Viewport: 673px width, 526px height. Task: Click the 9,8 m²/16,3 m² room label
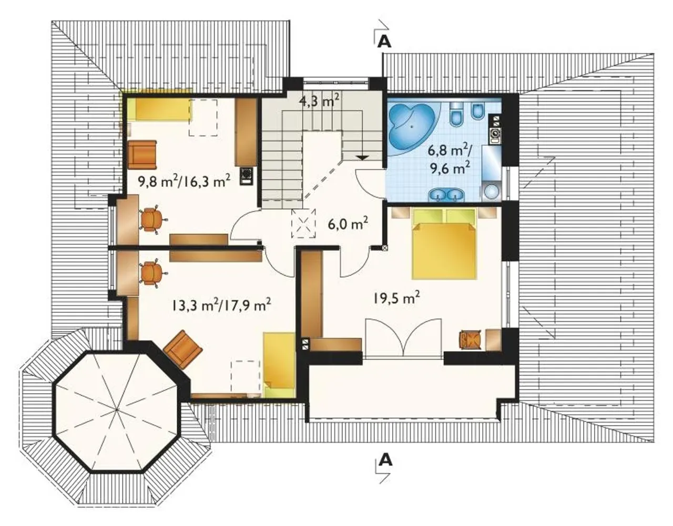point(184,182)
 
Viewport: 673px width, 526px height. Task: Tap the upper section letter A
point(385,43)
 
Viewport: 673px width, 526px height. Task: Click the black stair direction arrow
point(362,157)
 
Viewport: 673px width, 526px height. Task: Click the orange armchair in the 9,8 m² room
point(142,155)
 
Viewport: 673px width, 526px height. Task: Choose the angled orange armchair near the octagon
point(183,349)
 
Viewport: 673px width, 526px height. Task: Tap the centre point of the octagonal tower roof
point(116,410)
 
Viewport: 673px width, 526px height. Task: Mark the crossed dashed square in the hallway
point(303,224)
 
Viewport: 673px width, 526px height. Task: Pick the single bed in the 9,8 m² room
point(160,109)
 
